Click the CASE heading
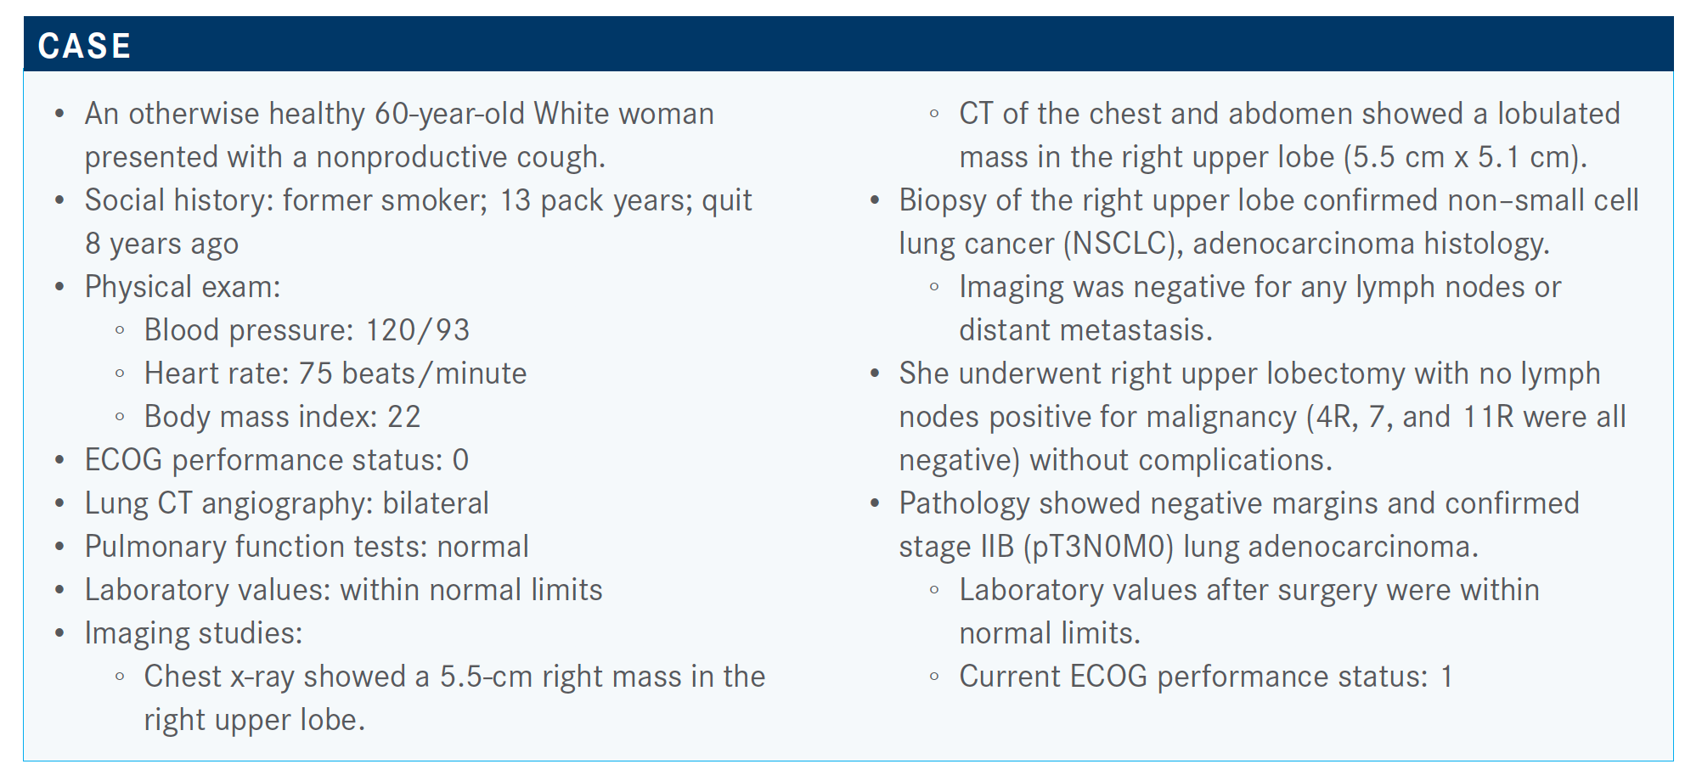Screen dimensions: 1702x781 (84, 46)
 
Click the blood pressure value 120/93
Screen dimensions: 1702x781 (417, 330)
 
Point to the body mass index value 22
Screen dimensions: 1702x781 (404, 417)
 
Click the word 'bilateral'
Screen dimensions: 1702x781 (436, 503)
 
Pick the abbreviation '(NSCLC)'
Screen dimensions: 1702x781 (1124, 244)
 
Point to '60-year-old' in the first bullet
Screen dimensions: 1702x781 (449, 114)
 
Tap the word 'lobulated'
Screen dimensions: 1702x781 (1558, 114)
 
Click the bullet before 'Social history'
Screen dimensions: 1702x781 (59, 201)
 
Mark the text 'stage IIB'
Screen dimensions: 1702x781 (956, 548)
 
